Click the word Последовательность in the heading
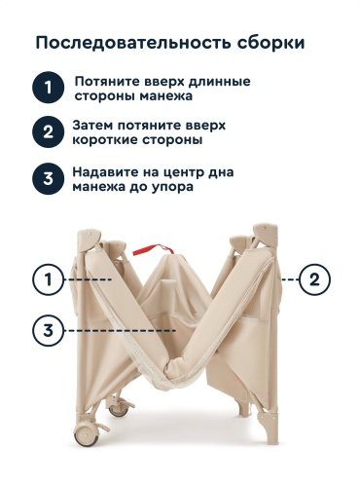133,43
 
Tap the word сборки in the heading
270,43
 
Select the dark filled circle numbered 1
48,88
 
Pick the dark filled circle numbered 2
48,132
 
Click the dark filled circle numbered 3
48,179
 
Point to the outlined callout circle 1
48,279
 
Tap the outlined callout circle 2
314,279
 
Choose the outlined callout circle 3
48,330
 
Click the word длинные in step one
219,81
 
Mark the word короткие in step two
104,140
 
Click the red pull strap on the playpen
153,249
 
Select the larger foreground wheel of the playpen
87,433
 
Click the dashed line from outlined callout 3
120,331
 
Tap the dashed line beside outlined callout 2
290,279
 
